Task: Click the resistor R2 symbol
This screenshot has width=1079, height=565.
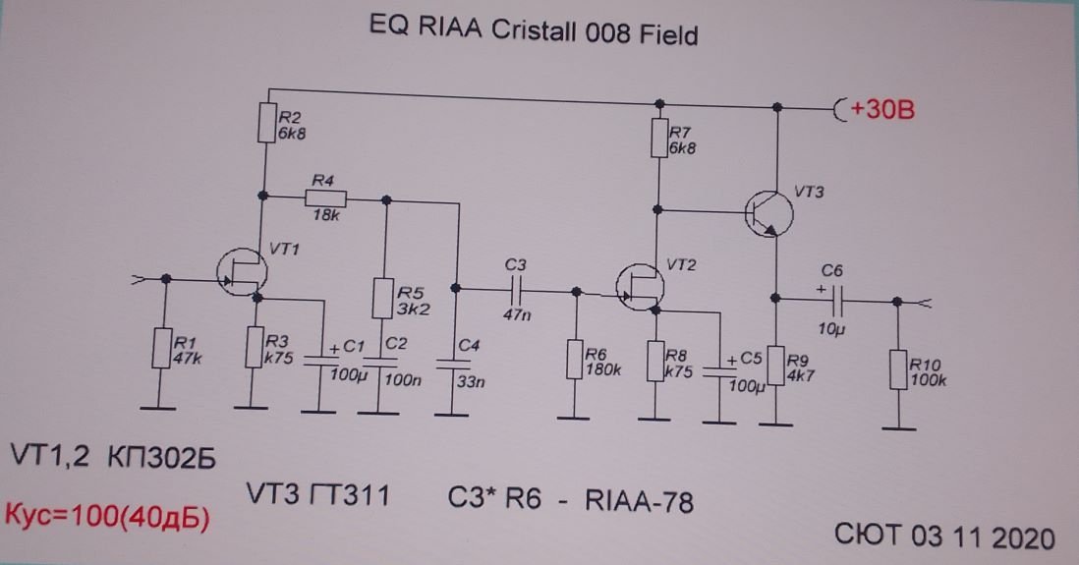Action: click(x=263, y=123)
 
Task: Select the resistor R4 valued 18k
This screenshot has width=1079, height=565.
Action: click(x=323, y=198)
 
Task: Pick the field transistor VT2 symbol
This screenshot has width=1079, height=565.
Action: click(x=641, y=286)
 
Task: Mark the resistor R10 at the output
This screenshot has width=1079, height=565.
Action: click(x=897, y=367)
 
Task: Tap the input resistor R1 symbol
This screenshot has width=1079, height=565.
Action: click(x=164, y=349)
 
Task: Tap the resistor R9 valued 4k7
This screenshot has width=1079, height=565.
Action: click(x=775, y=366)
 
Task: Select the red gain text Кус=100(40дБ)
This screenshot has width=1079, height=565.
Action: click(x=108, y=518)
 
